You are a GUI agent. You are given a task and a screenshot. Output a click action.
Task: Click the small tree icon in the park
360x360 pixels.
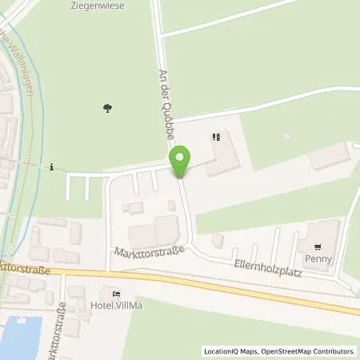coord(107,108)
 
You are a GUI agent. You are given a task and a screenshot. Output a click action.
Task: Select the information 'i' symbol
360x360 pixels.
coord(52,167)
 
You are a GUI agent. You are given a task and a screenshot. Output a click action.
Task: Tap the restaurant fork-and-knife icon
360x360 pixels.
coord(214,138)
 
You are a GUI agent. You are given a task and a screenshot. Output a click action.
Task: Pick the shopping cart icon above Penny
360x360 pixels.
coord(318,247)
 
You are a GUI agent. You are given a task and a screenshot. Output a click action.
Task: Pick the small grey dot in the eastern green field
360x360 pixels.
coord(286,136)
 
